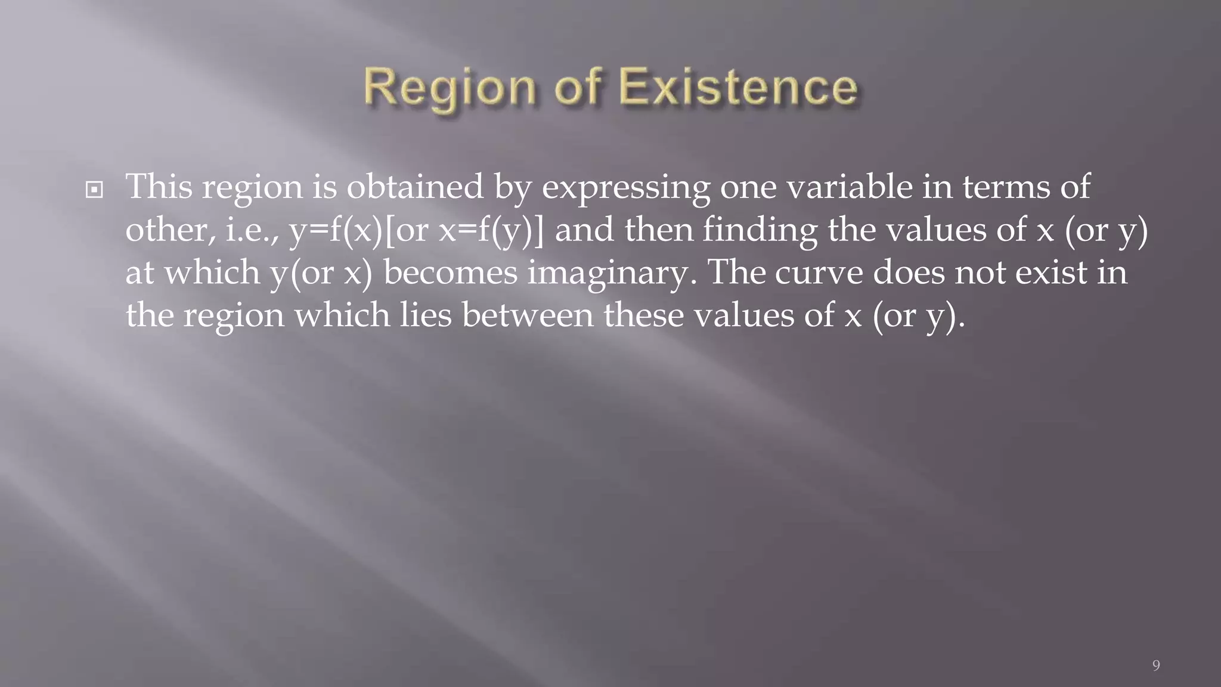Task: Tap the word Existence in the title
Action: tap(738, 88)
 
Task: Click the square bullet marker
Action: tap(94, 190)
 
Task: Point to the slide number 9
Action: tap(1156, 666)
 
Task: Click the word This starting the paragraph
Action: tap(159, 187)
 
